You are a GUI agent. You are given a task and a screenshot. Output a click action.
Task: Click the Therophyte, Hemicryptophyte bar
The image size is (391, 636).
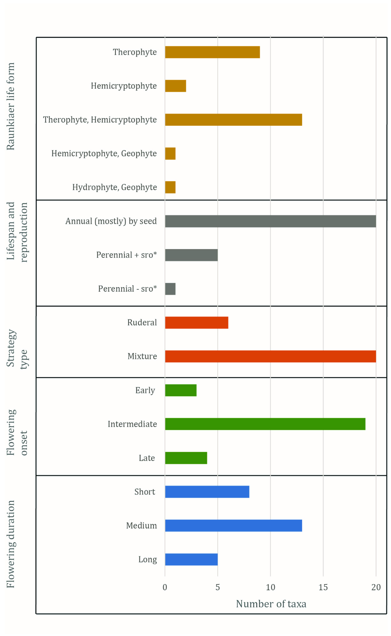pyautogui.click(x=234, y=120)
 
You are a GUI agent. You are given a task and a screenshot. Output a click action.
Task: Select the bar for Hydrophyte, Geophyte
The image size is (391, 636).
pyautogui.click(x=170, y=187)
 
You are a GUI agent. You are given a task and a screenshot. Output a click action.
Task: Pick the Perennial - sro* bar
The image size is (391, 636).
pyautogui.click(x=170, y=289)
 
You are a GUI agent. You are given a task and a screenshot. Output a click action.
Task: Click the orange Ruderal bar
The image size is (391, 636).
pyautogui.click(x=197, y=323)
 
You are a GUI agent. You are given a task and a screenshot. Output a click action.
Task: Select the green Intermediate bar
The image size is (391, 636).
pyautogui.click(x=265, y=424)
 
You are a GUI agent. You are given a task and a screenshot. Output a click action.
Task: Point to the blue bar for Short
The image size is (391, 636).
pyautogui.click(x=207, y=492)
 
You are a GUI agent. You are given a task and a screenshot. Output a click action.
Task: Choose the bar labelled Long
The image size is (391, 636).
pyautogui.click(x=191, y=559)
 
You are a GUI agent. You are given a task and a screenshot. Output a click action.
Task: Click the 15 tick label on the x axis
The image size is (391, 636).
pyautogui.click(x=323, y=587)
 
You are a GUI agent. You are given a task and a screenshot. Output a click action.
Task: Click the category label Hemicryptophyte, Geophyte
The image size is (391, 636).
pyautogui.click(x=104, y=153)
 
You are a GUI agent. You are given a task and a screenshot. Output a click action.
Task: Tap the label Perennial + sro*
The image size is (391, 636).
pyautogui.click(x=126, y=255)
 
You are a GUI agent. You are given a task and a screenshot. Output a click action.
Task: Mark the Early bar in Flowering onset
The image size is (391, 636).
pyautogui.click(x=181, y=390)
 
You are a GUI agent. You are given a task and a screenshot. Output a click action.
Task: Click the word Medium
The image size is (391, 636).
pyautogui.click(x=141, y=525)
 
